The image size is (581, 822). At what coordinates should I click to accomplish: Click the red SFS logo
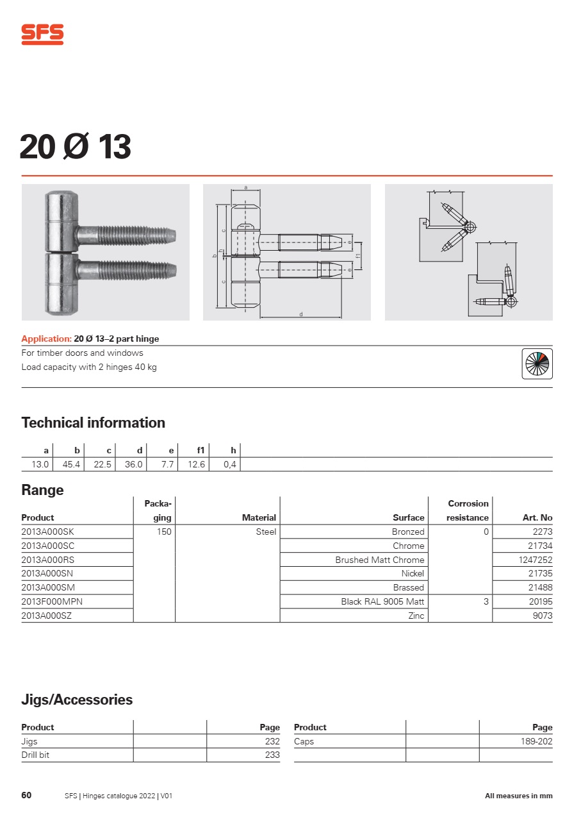[x=42, y=34]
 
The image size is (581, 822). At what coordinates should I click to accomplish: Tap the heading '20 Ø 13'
[x=75, y=147]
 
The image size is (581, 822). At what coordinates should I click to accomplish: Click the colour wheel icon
[x=537, y=364]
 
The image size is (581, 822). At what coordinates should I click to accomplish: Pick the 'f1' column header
[x=200, y=451]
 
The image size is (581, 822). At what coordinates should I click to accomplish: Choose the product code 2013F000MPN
[x=52, y=601]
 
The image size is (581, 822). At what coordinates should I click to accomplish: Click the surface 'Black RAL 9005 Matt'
[x=382, y=601]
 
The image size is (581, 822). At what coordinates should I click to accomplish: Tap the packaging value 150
[x=164, y=532]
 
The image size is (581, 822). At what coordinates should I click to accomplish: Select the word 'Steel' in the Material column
[x=266, y=532]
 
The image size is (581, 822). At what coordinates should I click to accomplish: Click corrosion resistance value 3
[x=486, y=601]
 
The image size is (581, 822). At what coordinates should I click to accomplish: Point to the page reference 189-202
[x=536, y=741]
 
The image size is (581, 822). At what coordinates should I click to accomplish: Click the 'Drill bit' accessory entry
[x=35, y=755]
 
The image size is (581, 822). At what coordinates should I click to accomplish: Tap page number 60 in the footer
[x=26, y=796]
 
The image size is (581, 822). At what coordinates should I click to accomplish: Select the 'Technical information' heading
[x=94, y=423]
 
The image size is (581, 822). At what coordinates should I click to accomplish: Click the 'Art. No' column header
[x=537, y=517]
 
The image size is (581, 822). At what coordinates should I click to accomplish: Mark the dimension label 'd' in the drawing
[x=301, y=314]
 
